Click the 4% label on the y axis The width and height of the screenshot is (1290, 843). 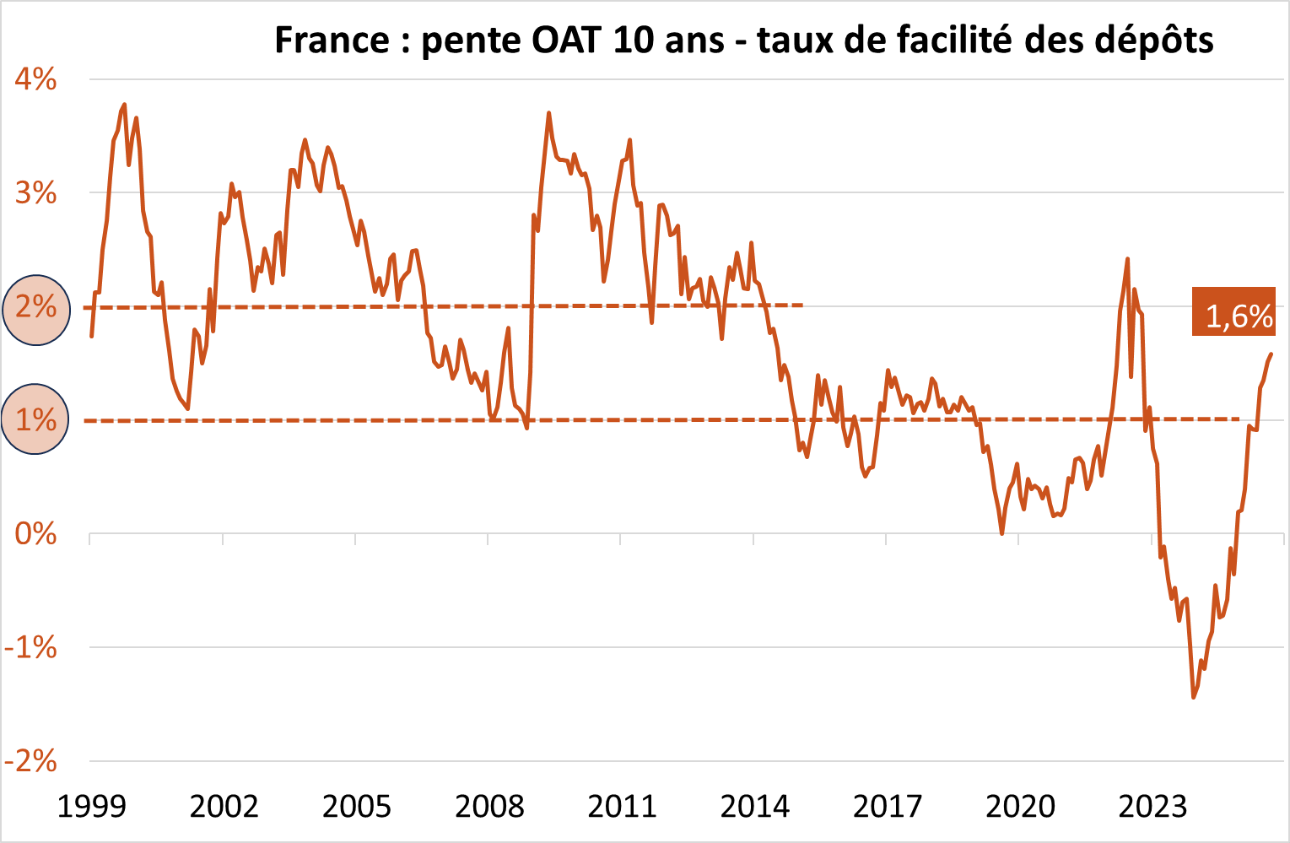pos(35,79)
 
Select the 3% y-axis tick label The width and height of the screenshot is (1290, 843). pos(35,193)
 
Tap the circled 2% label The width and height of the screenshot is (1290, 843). pos(35,306)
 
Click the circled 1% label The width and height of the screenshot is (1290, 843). pos(35,419)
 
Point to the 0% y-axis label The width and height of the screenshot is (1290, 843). pos(35,533)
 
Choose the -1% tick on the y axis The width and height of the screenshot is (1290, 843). pos(30,647)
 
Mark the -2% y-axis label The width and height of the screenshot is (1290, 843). pos(30,761)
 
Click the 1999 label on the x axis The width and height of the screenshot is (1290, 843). pos(91,807)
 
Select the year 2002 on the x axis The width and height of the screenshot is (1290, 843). pos(224,807)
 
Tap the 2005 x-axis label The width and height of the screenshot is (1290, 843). pos(356,807)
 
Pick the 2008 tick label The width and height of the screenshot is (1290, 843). pos(489,807)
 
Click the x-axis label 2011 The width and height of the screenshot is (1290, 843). pos(622,807)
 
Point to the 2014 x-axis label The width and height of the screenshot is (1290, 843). pos(754,807)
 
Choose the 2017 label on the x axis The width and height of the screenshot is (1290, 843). pos(887,807)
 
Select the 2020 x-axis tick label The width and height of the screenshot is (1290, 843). pos(1020,807)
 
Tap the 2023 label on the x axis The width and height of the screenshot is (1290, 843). pos(1152,807)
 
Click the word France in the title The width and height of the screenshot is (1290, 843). pos(332,41)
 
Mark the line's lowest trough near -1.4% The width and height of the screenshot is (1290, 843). pos(1193,697)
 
